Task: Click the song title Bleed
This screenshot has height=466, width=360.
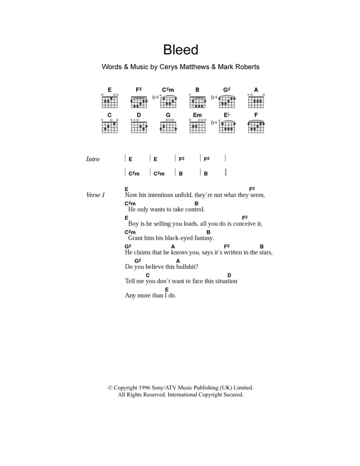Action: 180,50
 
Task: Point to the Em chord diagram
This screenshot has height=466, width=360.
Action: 197,127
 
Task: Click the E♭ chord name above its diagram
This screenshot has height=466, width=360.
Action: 227,115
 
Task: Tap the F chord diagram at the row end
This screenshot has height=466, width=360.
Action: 256,127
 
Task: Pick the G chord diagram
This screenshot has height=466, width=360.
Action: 168,127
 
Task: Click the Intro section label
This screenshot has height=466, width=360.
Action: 92,159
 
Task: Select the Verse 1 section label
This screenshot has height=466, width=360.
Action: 95,195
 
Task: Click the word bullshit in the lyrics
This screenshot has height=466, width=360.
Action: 187,267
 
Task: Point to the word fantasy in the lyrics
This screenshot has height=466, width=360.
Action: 203,238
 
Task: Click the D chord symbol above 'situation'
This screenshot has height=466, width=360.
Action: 229,275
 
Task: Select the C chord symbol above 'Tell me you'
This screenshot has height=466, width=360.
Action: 148,275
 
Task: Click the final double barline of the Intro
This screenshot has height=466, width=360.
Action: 226,173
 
